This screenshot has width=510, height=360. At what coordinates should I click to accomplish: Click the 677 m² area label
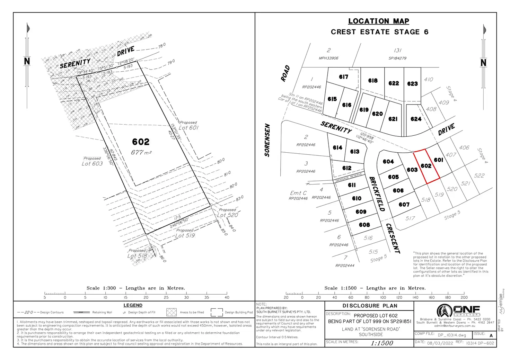pos(141,152)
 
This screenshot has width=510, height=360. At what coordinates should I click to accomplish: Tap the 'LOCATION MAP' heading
pos(378,21)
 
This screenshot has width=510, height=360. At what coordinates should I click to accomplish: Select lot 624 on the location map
pos(416,119)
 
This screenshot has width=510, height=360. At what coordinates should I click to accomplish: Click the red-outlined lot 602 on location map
pos(426,166)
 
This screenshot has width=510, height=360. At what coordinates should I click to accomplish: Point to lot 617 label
pos(343,77)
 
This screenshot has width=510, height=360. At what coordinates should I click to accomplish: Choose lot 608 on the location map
pos(364,225)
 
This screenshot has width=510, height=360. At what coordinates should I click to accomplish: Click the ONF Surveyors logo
pos(458,310)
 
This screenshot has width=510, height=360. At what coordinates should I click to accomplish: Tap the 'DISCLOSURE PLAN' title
pos(370,306)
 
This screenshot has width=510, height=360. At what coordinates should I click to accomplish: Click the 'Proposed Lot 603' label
pos(92,161)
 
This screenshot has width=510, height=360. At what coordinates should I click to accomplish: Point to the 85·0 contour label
pos(224,231)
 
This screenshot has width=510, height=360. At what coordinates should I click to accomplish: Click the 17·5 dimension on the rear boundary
pos(177,218)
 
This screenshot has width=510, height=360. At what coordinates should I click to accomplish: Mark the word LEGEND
pos(133,305)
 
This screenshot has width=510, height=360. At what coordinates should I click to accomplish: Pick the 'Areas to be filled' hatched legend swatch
pos(172,312)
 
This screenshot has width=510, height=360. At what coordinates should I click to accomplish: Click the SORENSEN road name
pos(267,140)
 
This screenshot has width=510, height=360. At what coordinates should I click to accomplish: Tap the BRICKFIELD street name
pos(377,194)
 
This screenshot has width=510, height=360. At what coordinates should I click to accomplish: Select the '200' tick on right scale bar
pos(464,297)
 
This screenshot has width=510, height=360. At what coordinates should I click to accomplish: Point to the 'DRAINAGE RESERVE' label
pos(349,178)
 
